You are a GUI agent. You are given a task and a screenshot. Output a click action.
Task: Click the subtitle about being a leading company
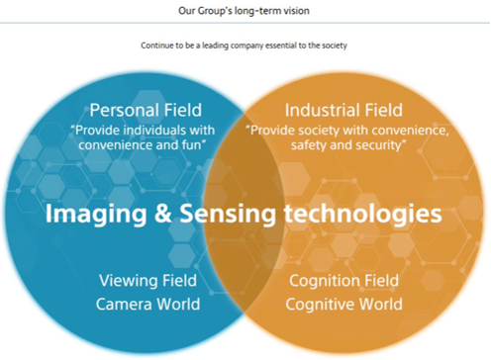[x=245, y=45]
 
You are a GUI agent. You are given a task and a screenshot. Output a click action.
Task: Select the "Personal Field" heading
[x=146, y=110]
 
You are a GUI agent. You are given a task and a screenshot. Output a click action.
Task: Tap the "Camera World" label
[x=147, y=304]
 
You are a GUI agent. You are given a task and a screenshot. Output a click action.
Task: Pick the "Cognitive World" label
[x=344, y=304]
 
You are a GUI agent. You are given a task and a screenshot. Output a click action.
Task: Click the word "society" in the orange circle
[x=320, y=129]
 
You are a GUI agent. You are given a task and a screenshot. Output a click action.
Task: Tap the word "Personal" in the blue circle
[x=122, y=110]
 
